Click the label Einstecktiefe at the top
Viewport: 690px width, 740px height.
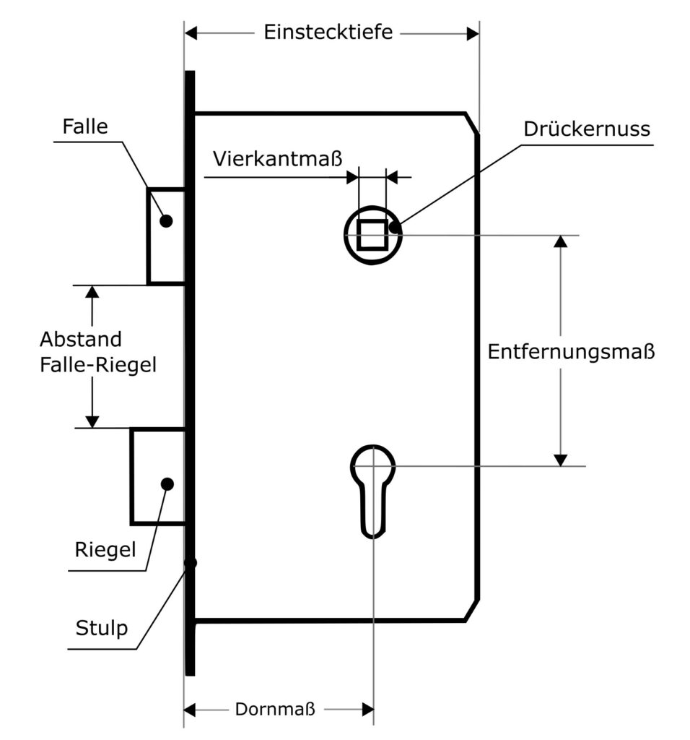click(328, 33)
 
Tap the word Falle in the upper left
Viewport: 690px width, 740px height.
click(85, 127)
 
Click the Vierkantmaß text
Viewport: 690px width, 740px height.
click(276, 158)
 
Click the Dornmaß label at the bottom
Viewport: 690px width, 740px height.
click(275, 709)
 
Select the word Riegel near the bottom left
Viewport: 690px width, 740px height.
click(105, 550)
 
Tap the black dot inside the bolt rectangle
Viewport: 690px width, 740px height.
click(167, 483)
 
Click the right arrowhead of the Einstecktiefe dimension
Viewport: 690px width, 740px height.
click(473, 33)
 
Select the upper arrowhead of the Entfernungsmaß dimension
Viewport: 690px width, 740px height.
click(561, 241)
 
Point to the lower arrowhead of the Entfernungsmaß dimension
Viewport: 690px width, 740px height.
click(561, 460)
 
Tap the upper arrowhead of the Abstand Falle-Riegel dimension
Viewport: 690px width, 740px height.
click(92, 291)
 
